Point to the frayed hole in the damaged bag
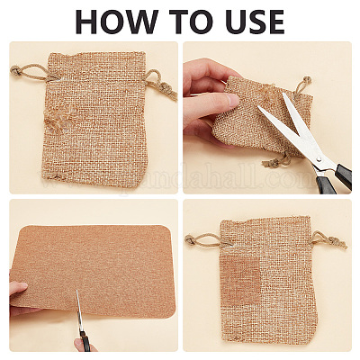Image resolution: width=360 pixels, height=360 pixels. pos(58,119)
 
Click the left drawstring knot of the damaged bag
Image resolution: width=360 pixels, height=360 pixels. pos(14,70)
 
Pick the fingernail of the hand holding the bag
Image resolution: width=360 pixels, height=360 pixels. pos(232,99)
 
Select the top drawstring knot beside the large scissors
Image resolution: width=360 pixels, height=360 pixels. pos(307,80)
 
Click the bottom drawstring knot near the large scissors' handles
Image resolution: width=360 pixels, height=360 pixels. pos(269,163)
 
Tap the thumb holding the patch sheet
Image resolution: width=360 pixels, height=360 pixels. pos(18,289)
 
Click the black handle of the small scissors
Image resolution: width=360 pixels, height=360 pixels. pos(85,340)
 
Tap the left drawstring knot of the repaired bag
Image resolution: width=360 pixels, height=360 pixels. pos(190,239)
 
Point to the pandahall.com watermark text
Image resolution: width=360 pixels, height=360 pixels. pos(216,178)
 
